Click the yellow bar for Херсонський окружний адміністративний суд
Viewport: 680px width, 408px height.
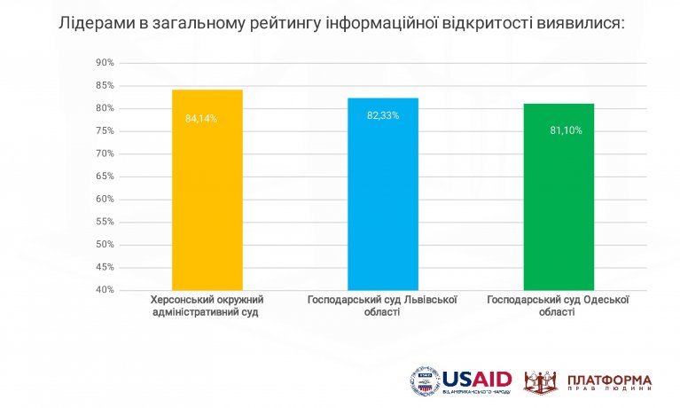[207, 190]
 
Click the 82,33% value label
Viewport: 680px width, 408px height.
[383, 114]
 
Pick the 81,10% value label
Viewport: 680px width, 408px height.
[566, 130]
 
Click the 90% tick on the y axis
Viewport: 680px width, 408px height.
[105, 63]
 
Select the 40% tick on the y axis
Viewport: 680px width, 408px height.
[105, 290]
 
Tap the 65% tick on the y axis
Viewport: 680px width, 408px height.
[105, 177]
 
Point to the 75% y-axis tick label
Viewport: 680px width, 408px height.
[105, 131]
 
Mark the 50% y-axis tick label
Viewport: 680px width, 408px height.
[105, 245]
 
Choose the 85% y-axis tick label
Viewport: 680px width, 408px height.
[105, 86]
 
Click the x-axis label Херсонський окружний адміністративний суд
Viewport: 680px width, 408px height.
[207, 306]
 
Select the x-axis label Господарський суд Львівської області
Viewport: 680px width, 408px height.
[382, 306]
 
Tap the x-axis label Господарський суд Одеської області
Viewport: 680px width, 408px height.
[559, 306]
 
